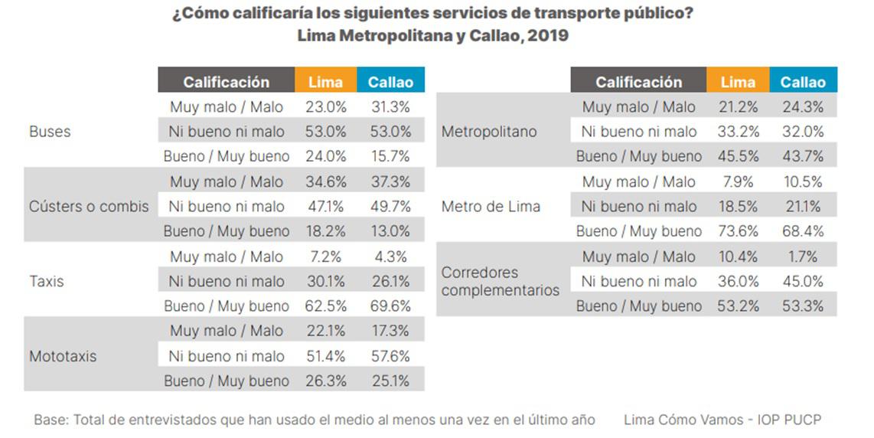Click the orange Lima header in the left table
[325, 82]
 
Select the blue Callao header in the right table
[803, 82]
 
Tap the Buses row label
[50, 132]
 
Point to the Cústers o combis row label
[89, 207]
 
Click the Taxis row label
[47, 281]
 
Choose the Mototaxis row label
[63, 356]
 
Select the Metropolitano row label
[489, 132]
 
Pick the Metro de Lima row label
[491, 207]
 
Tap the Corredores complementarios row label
[500, 281]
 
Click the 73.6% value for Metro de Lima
[737, 231]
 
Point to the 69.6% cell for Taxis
[390, 306]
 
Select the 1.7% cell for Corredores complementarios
[803, 257]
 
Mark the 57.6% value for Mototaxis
[390, 356]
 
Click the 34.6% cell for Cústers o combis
[325, 182]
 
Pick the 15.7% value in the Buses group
[390, 156]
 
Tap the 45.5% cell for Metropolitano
[737, 156]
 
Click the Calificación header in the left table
[226, 82]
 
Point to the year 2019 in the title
[548, 36]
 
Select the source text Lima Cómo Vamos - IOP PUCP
[722, 420]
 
